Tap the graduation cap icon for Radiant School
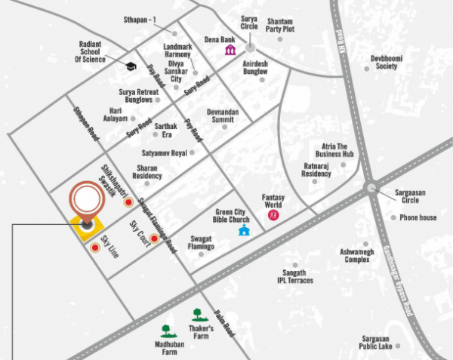click(130, 67)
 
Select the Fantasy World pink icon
click(273, 216)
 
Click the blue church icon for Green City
click(243, 229)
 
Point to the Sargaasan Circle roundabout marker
click(371, 188)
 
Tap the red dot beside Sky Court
click(154, 239)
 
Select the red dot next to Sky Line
click(95, 247)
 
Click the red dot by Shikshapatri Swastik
click(128, 202)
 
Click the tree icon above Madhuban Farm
click(166, 329)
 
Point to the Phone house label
click(418, 217)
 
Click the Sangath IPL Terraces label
click(294, 276)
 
